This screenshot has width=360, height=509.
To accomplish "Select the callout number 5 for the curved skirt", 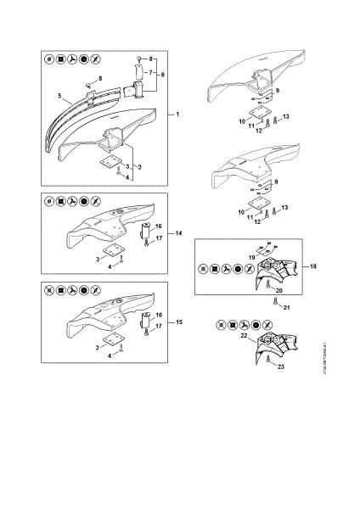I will (60, 95).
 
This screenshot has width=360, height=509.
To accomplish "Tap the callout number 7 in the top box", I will (150, 73).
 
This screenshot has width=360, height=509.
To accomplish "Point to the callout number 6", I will (162, 76).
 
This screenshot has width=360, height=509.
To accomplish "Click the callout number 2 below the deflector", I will (139, 167).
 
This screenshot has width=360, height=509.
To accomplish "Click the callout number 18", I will (314, 266).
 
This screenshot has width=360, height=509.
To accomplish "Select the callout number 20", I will (277, 290).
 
